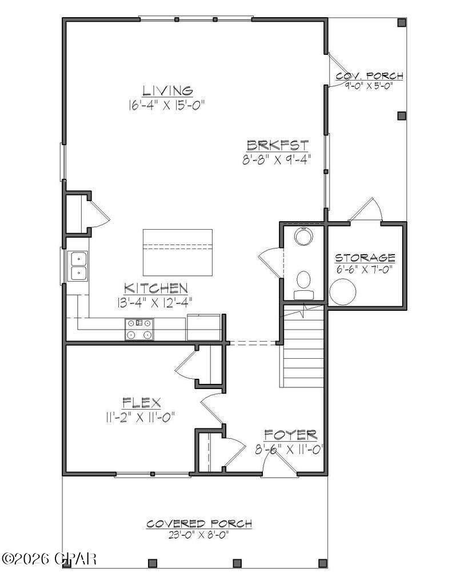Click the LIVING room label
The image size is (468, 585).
click(167, 90)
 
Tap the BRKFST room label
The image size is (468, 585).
click(278, 145)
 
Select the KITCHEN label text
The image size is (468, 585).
click(156, 288)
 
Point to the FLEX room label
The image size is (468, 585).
click(142, 402)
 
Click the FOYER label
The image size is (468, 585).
click(290, 435)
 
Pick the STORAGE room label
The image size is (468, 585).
click(365, 258)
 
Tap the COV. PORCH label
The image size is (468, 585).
click(370, 76)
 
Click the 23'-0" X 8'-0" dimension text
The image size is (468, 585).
click(199, 535)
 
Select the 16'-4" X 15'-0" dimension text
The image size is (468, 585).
click(167, 105)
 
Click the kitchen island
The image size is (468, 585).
click(177, 252)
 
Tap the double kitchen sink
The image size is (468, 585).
click(77, 266)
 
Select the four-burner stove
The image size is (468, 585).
click(140, 329)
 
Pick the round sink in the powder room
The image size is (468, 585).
click(303, 235)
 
